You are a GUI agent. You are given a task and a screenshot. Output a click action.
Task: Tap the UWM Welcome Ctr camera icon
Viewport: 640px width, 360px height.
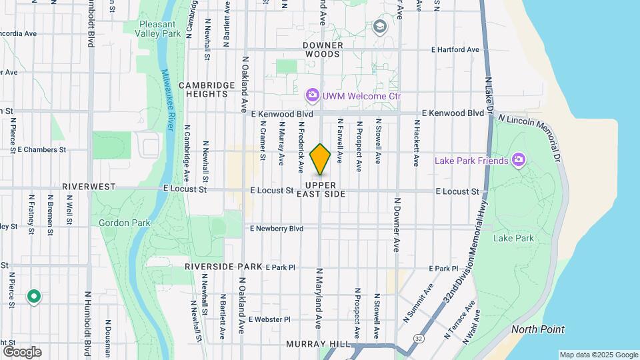[x=312, y=96]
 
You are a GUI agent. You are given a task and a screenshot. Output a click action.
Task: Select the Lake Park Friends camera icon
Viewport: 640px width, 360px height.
[x=518, y=160]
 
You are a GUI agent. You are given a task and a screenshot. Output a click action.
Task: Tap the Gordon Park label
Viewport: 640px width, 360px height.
[x=117, y=222]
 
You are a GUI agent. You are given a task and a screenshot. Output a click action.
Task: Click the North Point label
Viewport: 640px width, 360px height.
[x=537, y=329]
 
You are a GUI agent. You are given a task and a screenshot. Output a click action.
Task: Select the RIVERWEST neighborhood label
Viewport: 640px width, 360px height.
[x=89, y=187]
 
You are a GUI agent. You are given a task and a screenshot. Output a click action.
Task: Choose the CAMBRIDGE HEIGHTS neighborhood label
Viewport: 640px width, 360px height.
[x=207, y=89]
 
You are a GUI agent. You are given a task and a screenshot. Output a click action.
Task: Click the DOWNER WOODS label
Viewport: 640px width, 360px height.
[x=323, y=49]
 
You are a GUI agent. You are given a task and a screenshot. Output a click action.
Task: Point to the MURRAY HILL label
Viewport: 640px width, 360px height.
[x=317, y=344]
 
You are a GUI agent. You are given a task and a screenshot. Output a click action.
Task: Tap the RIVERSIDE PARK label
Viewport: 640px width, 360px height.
[x=214, y=267]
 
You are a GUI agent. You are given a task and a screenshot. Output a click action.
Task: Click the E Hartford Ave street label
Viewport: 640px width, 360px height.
[x=455, y=50]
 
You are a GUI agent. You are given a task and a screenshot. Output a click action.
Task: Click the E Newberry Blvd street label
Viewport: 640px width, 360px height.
[x=277, y=229]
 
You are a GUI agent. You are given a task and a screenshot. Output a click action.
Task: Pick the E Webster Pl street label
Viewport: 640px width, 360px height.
[x=269, y=319]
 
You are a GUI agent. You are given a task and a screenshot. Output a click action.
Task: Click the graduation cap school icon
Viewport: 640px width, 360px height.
[x=381, y=27]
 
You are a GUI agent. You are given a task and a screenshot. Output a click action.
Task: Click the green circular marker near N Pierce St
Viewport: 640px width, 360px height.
[x=33, y=297]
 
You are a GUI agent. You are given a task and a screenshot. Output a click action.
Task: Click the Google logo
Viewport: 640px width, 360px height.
[x=22, y=351]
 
